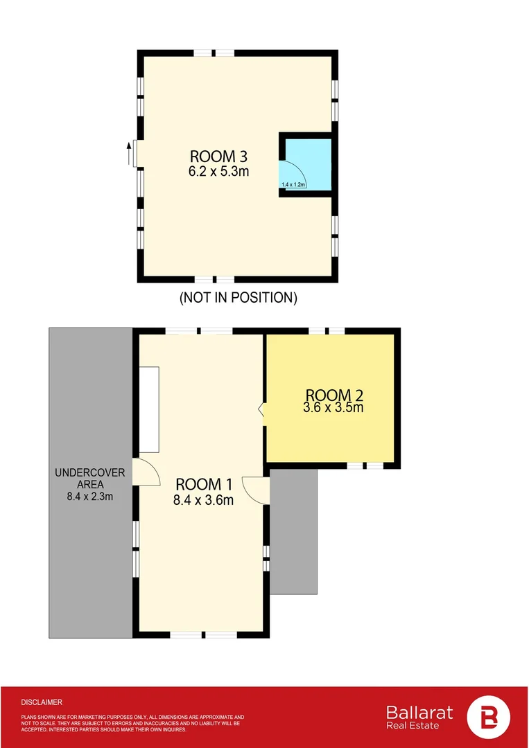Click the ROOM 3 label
(x=218, y=156)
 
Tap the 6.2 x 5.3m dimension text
(x=218, y=171)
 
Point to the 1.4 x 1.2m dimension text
(x=293, y=185)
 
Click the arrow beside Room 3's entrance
(x=129, y=154)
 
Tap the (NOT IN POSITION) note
(x=238, y=298)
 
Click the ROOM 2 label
(x=333, y=395)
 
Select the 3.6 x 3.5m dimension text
(x=333, y=408)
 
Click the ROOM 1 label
(x=203, y=483)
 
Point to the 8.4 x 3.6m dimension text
(x=203, y=499)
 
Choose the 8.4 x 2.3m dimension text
(x=89, y=496)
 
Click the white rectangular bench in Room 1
(x=150, y=411)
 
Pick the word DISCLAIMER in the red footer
(x=42, y=702)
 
